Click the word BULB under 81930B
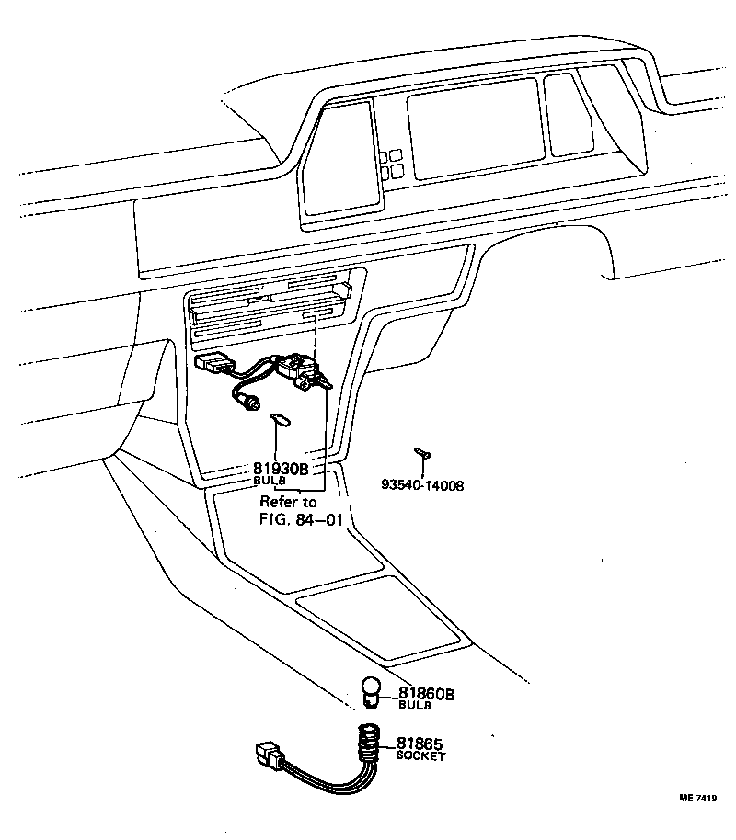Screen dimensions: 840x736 click(270, 481)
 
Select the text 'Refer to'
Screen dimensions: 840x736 click(288, 502)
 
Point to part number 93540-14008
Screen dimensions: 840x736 click(422, 484)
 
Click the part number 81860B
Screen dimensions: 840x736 click(426, 694)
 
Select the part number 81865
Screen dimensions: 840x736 click(419, 744)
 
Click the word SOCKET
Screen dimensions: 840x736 click(420, 756)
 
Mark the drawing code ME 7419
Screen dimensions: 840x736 click(698, 799)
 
